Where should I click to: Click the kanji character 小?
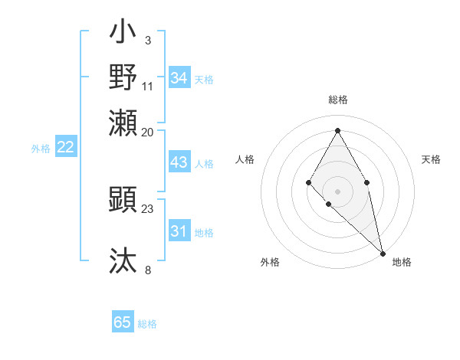click(x=123, y=34)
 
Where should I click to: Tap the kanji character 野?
click(x=123, y=77)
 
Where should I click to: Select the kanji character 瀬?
click(x=123, y=122)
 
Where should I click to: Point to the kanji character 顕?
click(x=123, y=200)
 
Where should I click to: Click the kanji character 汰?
click(x=123, y=260)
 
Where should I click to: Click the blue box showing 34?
click(x=179, y=78)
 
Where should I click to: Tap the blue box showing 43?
click(x=179, y=162)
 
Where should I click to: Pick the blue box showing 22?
click(x=65, y=148)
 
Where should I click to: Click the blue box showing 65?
click(x=123, y=322)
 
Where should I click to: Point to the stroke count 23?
click(x=148, y=208)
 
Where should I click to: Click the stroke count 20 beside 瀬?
click(x=148, y=132)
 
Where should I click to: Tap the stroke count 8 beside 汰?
click(x=148, y=270)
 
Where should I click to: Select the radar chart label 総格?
click(x=337, y=100)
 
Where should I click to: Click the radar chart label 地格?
click(x=402, y=262)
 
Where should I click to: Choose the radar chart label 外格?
click(x=270, y=262)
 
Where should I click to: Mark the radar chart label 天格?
click(x=431, y=159)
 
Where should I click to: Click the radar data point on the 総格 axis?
click(x=337, y=129)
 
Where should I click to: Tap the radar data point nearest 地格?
click(x=383, y=253)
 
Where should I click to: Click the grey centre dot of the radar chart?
click(x=337, y=191)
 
